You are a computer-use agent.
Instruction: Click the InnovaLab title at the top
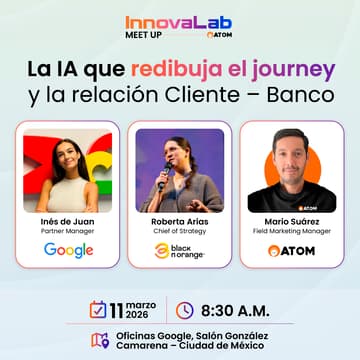179,21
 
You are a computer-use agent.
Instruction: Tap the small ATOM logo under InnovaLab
190,34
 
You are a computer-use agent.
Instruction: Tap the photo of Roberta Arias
179,169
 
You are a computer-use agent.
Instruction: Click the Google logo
68,251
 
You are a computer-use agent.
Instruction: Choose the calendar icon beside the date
98,310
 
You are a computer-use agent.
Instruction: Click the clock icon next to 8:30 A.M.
184,310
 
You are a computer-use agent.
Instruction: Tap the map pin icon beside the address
98,340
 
